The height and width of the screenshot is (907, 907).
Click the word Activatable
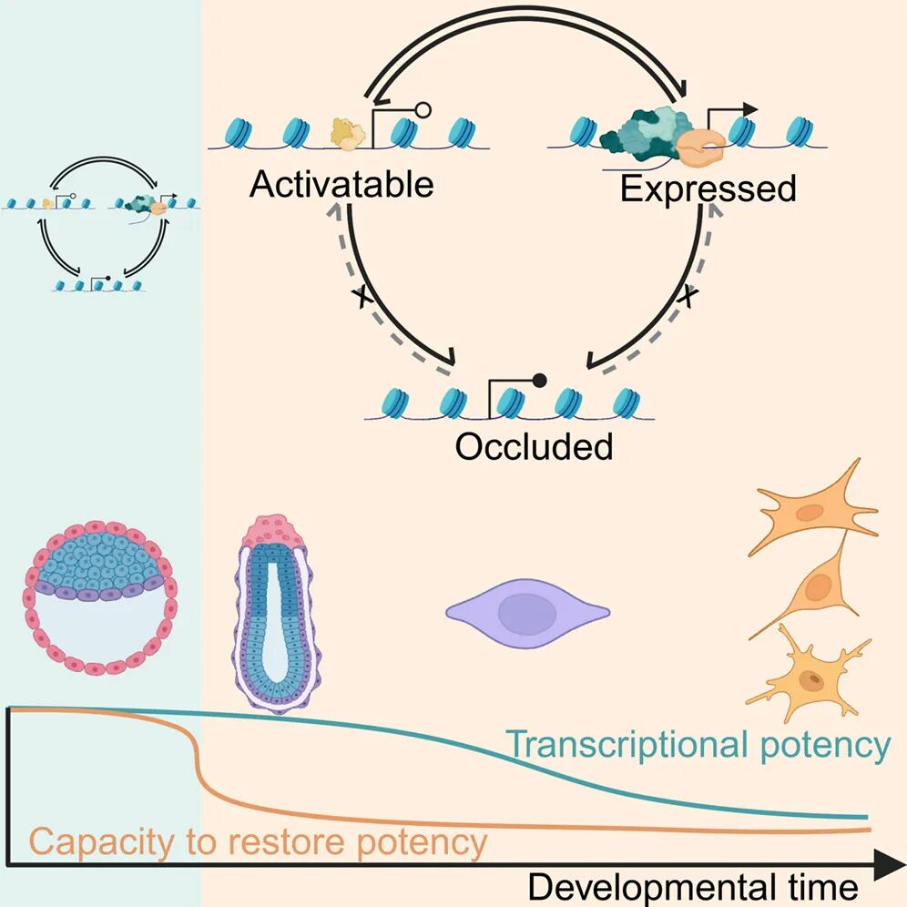pyautogui.click(x=341, y=185)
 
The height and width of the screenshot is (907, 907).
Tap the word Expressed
pyautogui.click(x=708, y=189)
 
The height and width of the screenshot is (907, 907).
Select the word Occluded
pyautogui.click(x=534, y=446)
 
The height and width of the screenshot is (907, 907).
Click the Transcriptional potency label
pyautogui.click(x=698, y=746)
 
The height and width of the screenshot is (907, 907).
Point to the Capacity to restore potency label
pyautogui.click(x=258, y=841)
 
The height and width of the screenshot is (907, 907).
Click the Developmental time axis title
pyautogui.click(x=693, y=887)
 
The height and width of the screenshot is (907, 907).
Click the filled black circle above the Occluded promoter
pyautogui.click(x=539, y=380)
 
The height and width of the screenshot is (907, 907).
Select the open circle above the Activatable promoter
pyautogui.click(x=423, y=110)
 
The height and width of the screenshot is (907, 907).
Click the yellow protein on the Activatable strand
pyautogui.click(x=348, y=134)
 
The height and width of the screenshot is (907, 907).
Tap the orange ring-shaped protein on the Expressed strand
pyautogui.click(x=701, y=147)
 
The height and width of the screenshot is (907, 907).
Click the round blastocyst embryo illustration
pyautogui.click(x=100, y=598)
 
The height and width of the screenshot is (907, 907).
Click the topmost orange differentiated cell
pyautogui.click(x=815, y=509)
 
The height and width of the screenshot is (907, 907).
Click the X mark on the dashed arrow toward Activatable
pyautogui.click(x=362, y=297)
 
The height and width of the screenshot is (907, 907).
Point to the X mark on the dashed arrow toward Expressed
pyautogui.click(x=688, y=296)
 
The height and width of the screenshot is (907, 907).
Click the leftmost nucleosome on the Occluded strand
pyautogui.click(x=395, y=402)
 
